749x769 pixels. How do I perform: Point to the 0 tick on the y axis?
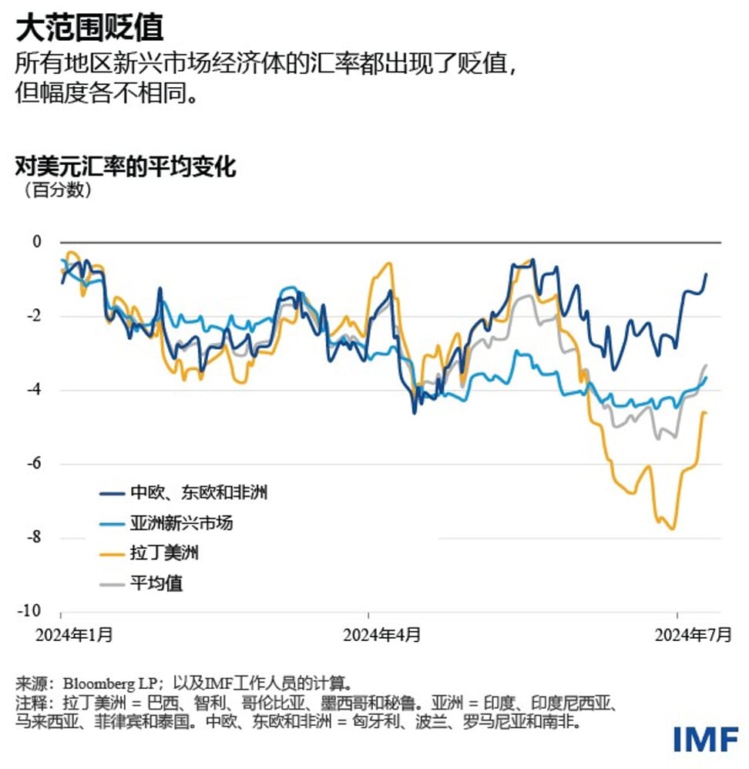(x=35, y=242)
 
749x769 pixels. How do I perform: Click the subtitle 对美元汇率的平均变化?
(x=125, y=166)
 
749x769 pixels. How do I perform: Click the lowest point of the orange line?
(x=673, y=529)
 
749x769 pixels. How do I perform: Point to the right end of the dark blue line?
(x=706, y=274)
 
